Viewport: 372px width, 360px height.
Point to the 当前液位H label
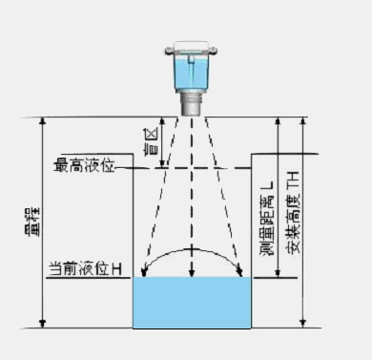tap(86, 272)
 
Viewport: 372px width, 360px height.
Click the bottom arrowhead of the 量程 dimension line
tap(41, 322)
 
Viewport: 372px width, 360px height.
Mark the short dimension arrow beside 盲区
tap(162, 143)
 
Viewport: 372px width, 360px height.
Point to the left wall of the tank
tap(133, 239)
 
